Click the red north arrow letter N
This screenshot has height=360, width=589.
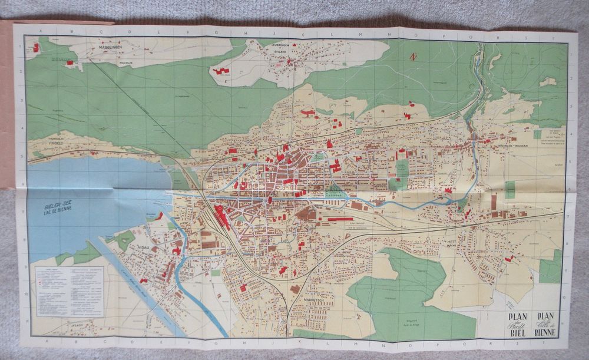point(413,57)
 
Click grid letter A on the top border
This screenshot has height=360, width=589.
point(39,31)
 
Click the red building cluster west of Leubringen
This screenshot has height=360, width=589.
point(221,71)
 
